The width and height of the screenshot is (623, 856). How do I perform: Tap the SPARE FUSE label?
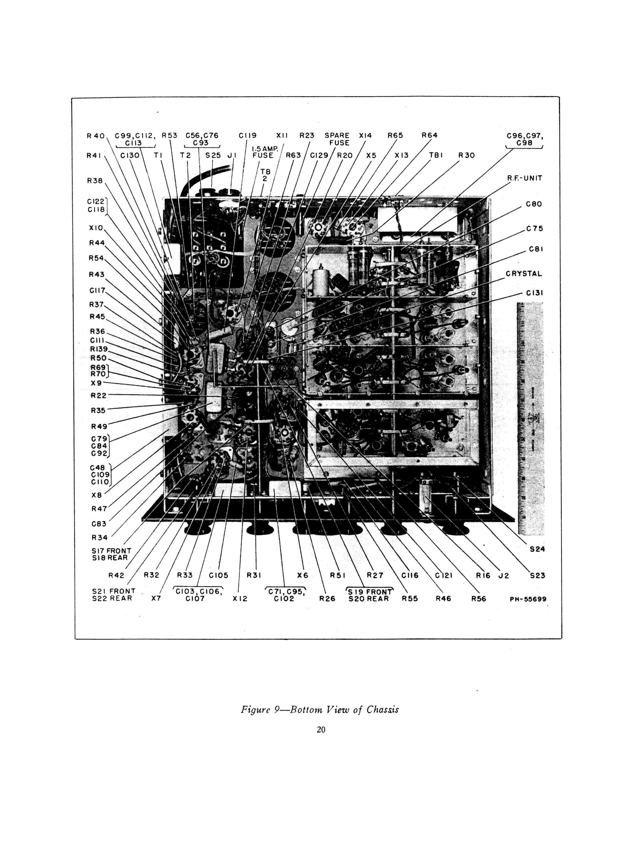tap(337, 139)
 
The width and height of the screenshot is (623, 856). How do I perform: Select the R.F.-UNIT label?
tap(524, 178)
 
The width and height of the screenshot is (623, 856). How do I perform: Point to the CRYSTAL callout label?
tap(524, 274)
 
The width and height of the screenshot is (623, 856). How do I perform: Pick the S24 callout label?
tap(537, 549)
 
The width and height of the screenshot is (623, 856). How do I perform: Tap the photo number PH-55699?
tap(528, 599)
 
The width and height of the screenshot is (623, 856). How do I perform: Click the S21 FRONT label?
tap(113, 591)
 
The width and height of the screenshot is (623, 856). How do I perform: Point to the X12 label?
tap(240, 599)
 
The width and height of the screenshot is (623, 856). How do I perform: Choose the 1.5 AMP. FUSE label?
tap(264, 152)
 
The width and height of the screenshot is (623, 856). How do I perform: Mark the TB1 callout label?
tap(436, 155)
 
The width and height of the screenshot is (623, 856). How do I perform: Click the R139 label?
tap(99, 349)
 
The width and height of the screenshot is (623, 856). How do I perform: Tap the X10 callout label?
tap(96, 228)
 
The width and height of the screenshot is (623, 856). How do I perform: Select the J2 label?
tap(504, 576)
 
